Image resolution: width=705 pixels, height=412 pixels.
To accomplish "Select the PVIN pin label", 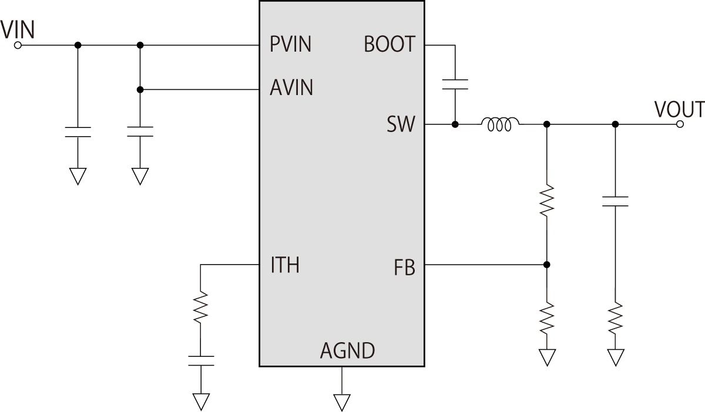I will coord(291,45).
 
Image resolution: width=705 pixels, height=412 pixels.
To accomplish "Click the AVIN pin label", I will coord(291,88).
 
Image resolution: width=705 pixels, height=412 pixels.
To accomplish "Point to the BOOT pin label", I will coord(390,45).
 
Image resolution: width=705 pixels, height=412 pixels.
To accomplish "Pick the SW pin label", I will coord(401,124).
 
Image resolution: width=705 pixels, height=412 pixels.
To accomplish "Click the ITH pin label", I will coord(285,265).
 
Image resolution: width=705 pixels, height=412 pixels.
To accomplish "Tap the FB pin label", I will coord(405,269).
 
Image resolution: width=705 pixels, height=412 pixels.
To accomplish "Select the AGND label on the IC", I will coord(347,351).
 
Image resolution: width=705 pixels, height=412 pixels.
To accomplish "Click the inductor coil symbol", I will coord(500,124).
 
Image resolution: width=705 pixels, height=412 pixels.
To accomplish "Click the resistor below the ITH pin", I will coord(200,308).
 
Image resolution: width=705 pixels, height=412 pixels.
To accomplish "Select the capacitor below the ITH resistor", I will coord(200,360).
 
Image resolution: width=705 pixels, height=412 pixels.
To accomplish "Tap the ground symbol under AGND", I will coord(341,401).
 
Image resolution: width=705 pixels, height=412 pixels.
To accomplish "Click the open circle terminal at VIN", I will coord(18,45).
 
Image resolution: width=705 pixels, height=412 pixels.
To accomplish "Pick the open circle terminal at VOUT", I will coord(680,124).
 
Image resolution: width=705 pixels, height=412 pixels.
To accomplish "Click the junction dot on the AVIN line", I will coord(140,90).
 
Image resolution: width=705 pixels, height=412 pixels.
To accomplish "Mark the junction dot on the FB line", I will coord(547,265).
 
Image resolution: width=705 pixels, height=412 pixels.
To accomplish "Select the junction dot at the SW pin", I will coord(455,124).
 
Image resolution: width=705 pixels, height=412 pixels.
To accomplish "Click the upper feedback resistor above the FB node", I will coord(547,200).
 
